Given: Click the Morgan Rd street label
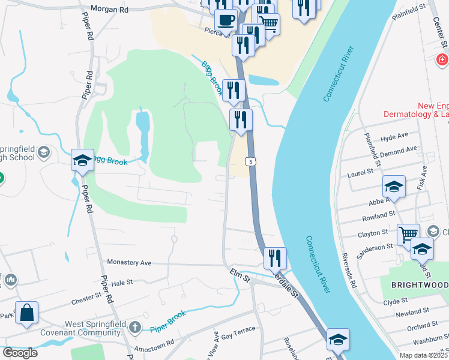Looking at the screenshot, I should click(x=109, y=10).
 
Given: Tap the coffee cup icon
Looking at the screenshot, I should click(x=226, y=19).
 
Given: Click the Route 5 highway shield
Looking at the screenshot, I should click(x=249, y=161).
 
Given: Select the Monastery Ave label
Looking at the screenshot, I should click(x=129, y=262).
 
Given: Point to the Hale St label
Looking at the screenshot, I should click(x=121, y=282).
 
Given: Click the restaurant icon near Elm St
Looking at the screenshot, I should click(x=275, y=258).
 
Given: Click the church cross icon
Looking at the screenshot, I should click(x=136, y=328).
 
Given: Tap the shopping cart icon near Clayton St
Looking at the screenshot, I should click(x=408, y=233).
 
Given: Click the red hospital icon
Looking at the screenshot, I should click(x=442, y=60).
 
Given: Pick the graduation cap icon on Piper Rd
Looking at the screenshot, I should click(x=82, y=160).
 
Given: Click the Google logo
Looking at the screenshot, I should click(x=20, y=352).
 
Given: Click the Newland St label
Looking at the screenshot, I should click(x=412, y=312).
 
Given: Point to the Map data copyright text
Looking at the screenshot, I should click(x=424, y=355).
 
